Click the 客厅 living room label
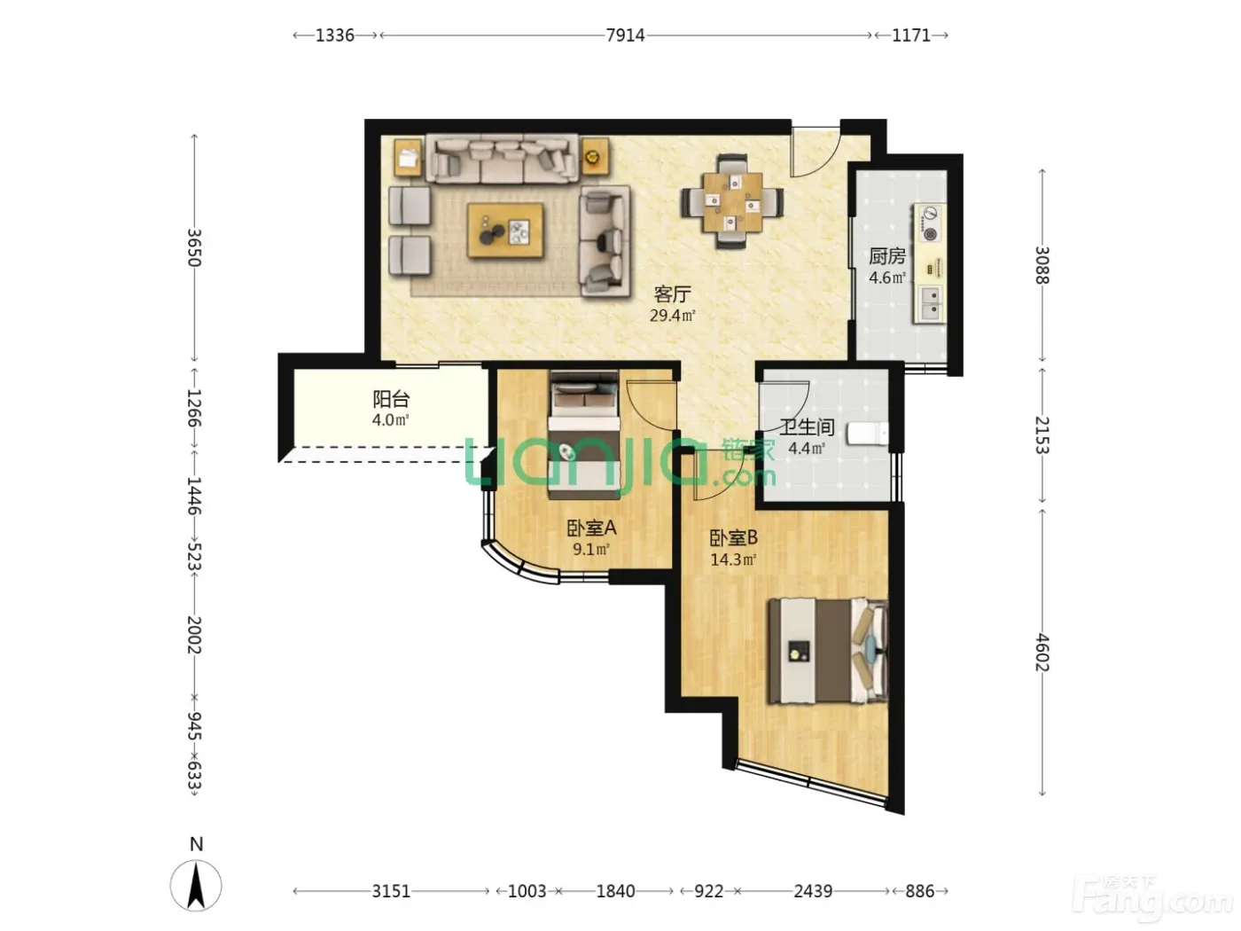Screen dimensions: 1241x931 click(672, 294)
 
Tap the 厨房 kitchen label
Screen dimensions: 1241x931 click(887, 256)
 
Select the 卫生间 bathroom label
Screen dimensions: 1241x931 click(807, 426)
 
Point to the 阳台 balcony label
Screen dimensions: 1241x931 click(391, 399)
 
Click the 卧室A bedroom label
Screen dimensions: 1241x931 click(591, 528)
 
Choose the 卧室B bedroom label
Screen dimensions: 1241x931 click(733, 537)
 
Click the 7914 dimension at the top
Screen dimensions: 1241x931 click(625, 35)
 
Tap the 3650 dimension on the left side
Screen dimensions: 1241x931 click(194, 247)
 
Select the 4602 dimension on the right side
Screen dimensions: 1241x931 click(1042, 653)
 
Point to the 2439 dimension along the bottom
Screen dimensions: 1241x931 click(813, 891)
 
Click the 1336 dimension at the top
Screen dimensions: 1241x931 click(335, 35)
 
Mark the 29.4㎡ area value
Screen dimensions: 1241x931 click(672, 315)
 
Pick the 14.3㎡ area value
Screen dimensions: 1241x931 click(733, 559)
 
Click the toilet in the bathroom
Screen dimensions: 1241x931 click(868, 434)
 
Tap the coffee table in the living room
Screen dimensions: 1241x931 click(505, 231)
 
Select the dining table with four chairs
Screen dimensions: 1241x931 click(733, 202)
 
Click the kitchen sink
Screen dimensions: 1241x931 click(930, 303)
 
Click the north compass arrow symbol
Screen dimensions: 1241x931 click(196, 886)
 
